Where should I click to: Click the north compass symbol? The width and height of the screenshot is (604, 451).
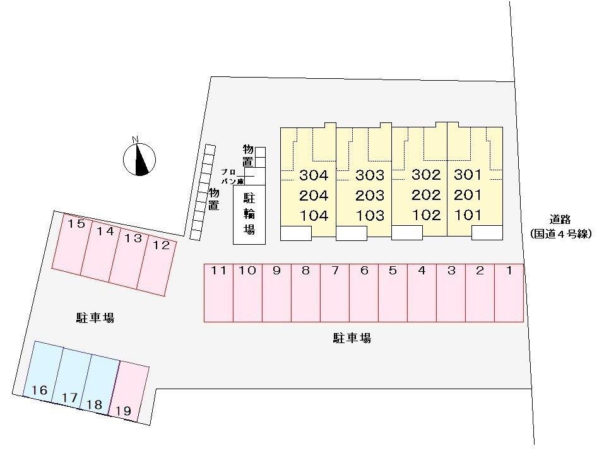pyautogui.click(x=139, y=159)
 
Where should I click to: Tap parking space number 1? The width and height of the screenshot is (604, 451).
pyautogui.click(x=509, y=293)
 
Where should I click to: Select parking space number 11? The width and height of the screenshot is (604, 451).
pyautogui.click(x=218, y=293)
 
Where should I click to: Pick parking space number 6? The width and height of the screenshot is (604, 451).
pyautogui.click(x=364, y=293)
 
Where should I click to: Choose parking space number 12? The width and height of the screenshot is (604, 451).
pyautogui.click(x=157, y=266)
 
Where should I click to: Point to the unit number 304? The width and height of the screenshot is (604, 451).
pyautogui.click(x=314, y=175)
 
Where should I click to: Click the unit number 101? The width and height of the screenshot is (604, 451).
pyautogui.click(x=468, y=215)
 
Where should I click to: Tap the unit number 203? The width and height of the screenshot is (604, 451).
pyautogui.click(x=370, y=196)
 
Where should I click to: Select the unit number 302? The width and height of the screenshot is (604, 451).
pyautogui.click(x=426, y=175)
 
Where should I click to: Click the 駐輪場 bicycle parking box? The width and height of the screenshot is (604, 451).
pyautogui.click(x=249, y=214)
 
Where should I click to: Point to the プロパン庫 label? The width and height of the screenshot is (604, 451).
pyautogui.click(x=232, y=177)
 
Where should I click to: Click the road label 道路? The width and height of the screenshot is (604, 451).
pyautogui.click(x=560, y=220)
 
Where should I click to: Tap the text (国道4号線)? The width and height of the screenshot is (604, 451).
pyautogui.click(x=560, y=234)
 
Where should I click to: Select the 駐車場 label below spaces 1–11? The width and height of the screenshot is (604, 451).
pyautogui.click(x=352, y=339)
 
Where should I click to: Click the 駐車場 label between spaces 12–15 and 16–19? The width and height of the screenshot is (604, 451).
pyautogui.click(x=95, y=318)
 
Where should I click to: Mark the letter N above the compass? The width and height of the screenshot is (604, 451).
pyautogui.click(x=135, y=139)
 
